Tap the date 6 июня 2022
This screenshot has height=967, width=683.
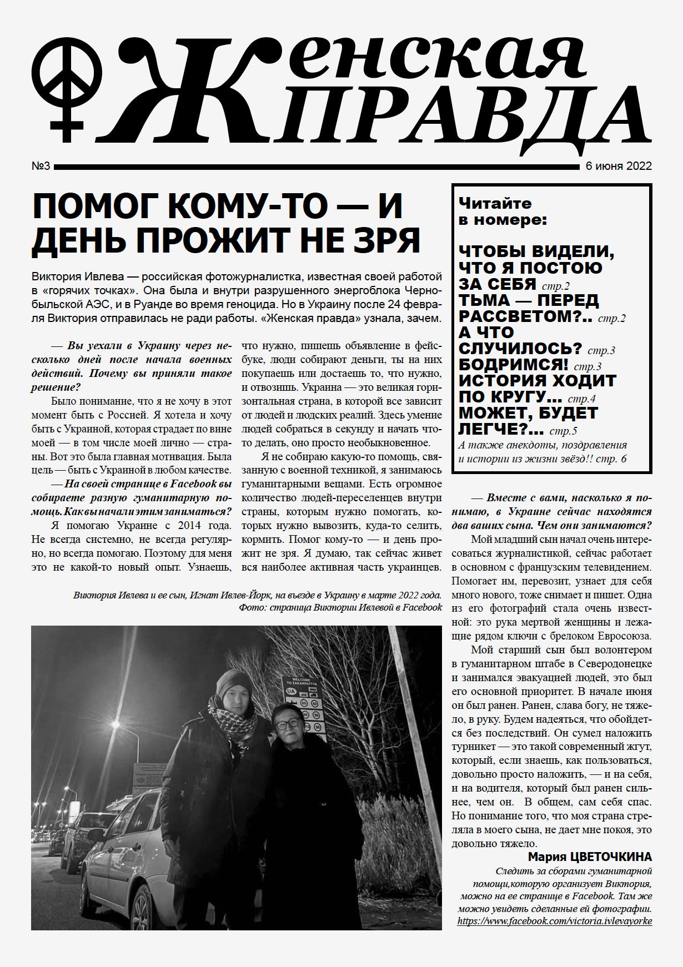pyautogui.click(x=618, y=167)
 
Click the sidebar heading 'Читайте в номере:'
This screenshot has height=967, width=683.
pyautogui.click(x=502, y=211)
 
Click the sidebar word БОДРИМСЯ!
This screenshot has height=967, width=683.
pyautogui.click(x=513, y=365)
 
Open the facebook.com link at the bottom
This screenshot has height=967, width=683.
pyautogui.click(x=554, y=921)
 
